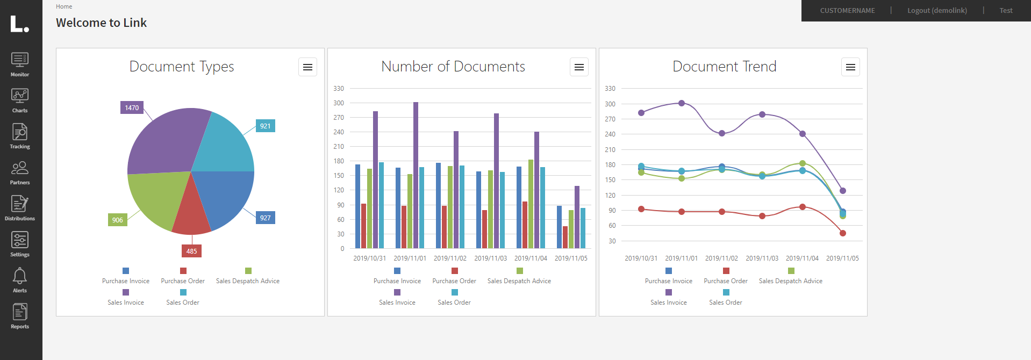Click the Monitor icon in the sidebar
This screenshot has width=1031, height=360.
[x=20, y=60]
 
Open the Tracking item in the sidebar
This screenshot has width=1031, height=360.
[x=20, y=132]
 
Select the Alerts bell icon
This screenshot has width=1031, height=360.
[x=20, y=276]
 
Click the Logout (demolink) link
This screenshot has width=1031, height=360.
[x=937, y=10]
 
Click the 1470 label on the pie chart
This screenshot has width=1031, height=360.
[x=132, y=107]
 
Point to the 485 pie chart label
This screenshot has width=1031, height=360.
[x=191, y=251]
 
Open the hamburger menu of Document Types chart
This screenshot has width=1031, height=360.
[x=307, y=67]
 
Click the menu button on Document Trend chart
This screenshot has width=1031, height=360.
[x=850, y=67]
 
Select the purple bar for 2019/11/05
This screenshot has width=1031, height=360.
[x=577, y=218]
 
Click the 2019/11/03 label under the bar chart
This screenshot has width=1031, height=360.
[x=490, y=258]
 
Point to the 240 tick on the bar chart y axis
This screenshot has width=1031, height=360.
[x=339, y=132]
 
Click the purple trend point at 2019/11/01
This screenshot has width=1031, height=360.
[x=682, y=103]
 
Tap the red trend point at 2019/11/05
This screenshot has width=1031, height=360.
[x=843, y=233]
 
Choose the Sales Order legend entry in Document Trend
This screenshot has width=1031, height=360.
[x=725, y=303]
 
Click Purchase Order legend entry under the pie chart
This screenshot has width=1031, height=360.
[x=183, y=281]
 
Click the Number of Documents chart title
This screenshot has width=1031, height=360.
[x=453, y=67]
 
